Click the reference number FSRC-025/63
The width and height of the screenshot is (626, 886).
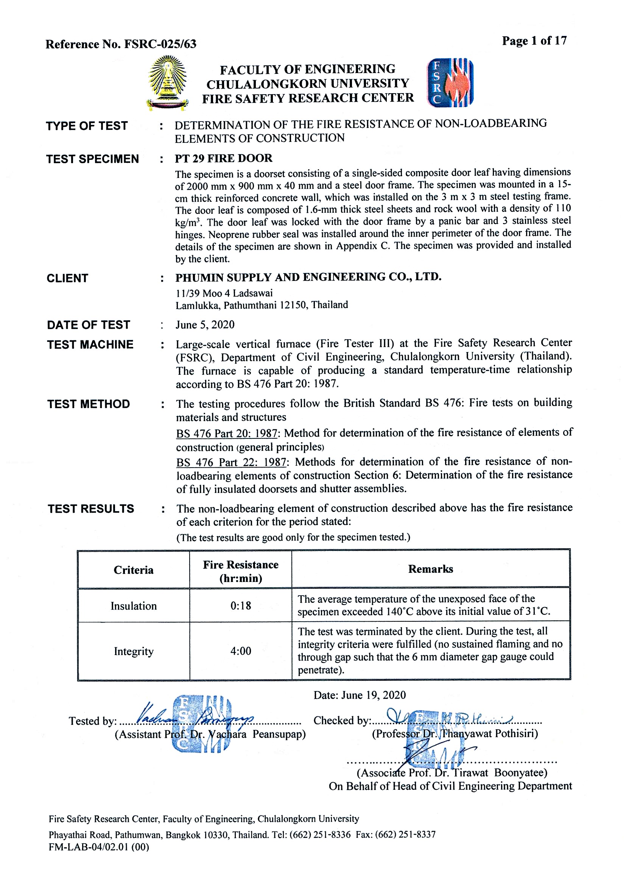[160, 44]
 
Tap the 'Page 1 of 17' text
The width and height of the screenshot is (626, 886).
[534, 41]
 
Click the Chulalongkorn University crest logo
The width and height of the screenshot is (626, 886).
[168, 82]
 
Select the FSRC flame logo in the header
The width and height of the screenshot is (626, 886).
[450, 83]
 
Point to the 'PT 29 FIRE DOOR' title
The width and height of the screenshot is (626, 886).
[223, 158]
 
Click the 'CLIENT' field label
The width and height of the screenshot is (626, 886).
[67, 278]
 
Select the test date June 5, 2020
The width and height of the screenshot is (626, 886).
[205, 324]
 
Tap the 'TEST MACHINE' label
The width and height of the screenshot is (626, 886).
[90, 344]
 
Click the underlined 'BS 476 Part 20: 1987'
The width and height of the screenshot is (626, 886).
[227, 434]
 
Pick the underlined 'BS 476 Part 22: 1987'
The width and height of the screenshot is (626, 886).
[231, 462]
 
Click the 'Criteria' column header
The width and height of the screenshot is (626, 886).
[134, 570]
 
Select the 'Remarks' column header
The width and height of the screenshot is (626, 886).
[430, 569]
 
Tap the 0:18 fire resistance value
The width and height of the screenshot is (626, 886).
[241, 605]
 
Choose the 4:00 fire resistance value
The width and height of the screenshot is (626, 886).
[241, 651]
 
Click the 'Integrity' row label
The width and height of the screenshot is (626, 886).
[134, 651]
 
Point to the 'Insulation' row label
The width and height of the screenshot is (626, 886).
[134, 606]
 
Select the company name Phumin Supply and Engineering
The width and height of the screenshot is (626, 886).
[308, 277]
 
